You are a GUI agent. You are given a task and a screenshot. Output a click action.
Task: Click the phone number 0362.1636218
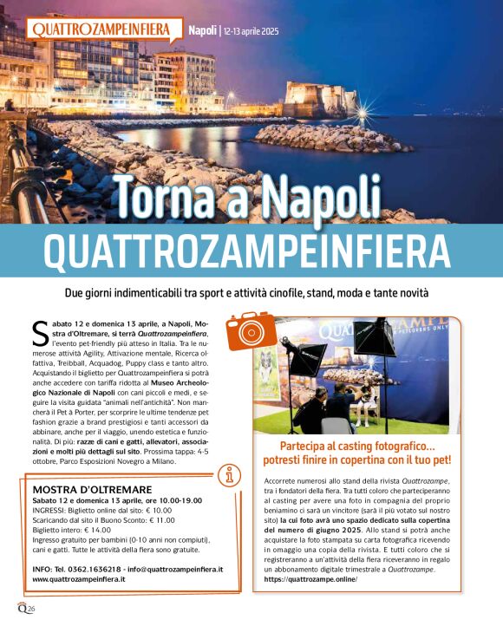[86, 569]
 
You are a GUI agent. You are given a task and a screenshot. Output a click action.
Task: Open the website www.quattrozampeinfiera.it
[81, 579]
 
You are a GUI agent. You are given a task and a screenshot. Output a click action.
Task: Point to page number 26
[30, 610]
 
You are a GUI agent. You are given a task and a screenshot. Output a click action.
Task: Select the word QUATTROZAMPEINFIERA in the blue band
[251, 250]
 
